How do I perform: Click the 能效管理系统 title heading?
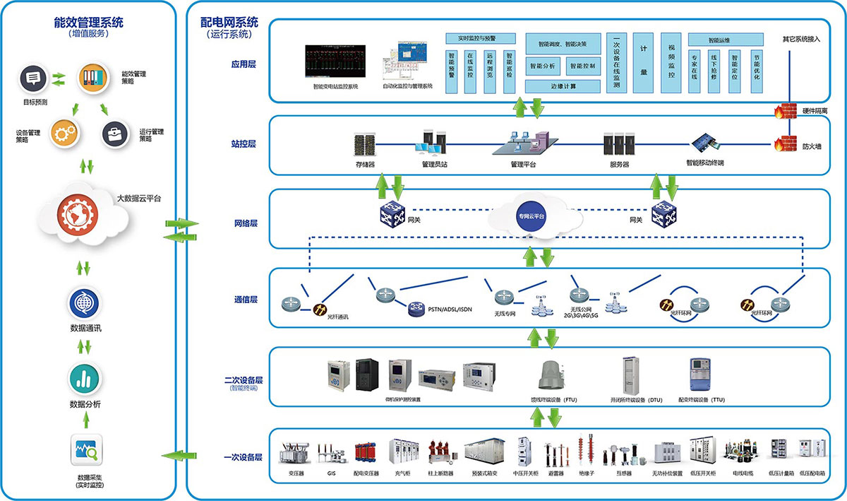(x=88, y=22)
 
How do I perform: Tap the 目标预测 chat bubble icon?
(x=33, y=78)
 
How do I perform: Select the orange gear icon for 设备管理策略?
(x=63, y=133)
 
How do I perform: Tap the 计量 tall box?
(x=644, y=62)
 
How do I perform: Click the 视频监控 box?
(x=671, y=62)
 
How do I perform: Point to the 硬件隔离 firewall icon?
(x=780, y=111)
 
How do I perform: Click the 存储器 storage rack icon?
(x=365, y=145)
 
